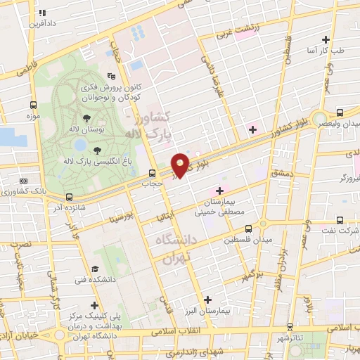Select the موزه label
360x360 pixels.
tap(32, 115)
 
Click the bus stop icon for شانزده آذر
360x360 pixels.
tap(70, 197)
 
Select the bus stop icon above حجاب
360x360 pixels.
tap(153, 173)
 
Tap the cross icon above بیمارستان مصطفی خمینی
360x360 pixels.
tap(219, 190)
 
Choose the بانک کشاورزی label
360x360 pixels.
tap(22, 191)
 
